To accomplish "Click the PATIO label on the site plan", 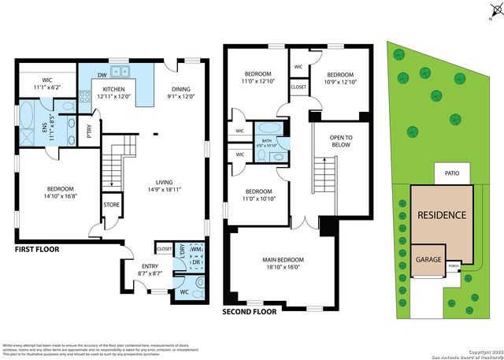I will pyautogui.click(x=451, y=172).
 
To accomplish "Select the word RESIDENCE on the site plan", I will pyautogui.click(x=441, y=215).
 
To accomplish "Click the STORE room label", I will pyautogui.click(x=110, y=205).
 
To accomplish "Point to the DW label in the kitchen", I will pyautogui.click(x=102, y=76).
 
